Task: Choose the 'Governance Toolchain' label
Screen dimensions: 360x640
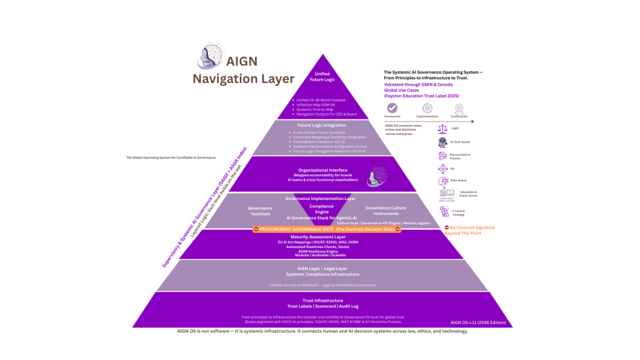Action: pyautogui.click(x=260, y=211)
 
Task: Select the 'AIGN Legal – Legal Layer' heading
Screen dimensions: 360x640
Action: pyautogui.click(x=321, y=269)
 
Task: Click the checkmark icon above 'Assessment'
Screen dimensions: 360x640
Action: pyautogui.click(x=392, y=108)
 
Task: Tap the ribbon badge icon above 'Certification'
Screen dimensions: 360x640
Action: pyautogui.click(x=459, y=108)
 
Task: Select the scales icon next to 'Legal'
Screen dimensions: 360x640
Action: pyautogui.click(x=443, y=128)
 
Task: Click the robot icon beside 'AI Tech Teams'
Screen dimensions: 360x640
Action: pyautogui.click(x=443, y=142)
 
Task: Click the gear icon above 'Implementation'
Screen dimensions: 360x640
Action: pyautogui.click(x=427, y=108)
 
